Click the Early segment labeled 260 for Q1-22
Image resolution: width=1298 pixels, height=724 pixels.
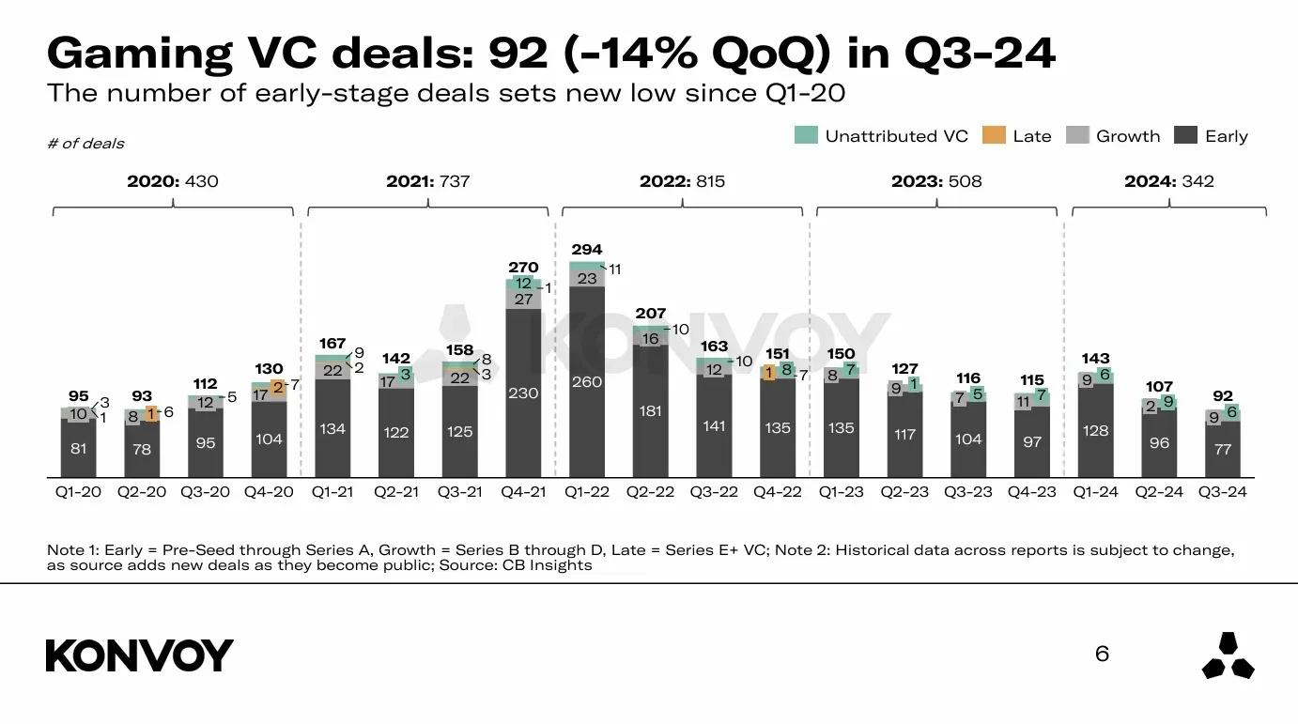point(587,382)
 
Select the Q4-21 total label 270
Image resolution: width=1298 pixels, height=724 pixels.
point(523,268)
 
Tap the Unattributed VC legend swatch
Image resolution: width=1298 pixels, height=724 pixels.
point(806,136)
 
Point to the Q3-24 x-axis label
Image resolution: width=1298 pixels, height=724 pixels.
point(1223,492)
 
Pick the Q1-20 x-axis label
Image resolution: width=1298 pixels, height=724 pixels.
point(78,492)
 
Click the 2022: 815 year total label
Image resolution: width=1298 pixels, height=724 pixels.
point(682,181)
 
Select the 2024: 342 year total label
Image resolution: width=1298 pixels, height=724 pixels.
point(1169,181)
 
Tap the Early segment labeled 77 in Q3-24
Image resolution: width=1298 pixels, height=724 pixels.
point(1223,449)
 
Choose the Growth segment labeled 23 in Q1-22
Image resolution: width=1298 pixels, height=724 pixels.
point(587,278)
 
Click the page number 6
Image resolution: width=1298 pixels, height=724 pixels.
point(1102,654)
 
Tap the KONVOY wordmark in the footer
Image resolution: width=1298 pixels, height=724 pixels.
point(139,655)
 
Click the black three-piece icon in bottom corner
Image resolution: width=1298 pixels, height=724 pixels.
point(1228,655)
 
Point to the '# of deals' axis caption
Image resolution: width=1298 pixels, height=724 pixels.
point(85,144)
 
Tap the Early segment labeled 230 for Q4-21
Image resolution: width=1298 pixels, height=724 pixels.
point(523,393)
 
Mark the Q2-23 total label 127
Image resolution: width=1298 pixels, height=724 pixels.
point(904,368)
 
